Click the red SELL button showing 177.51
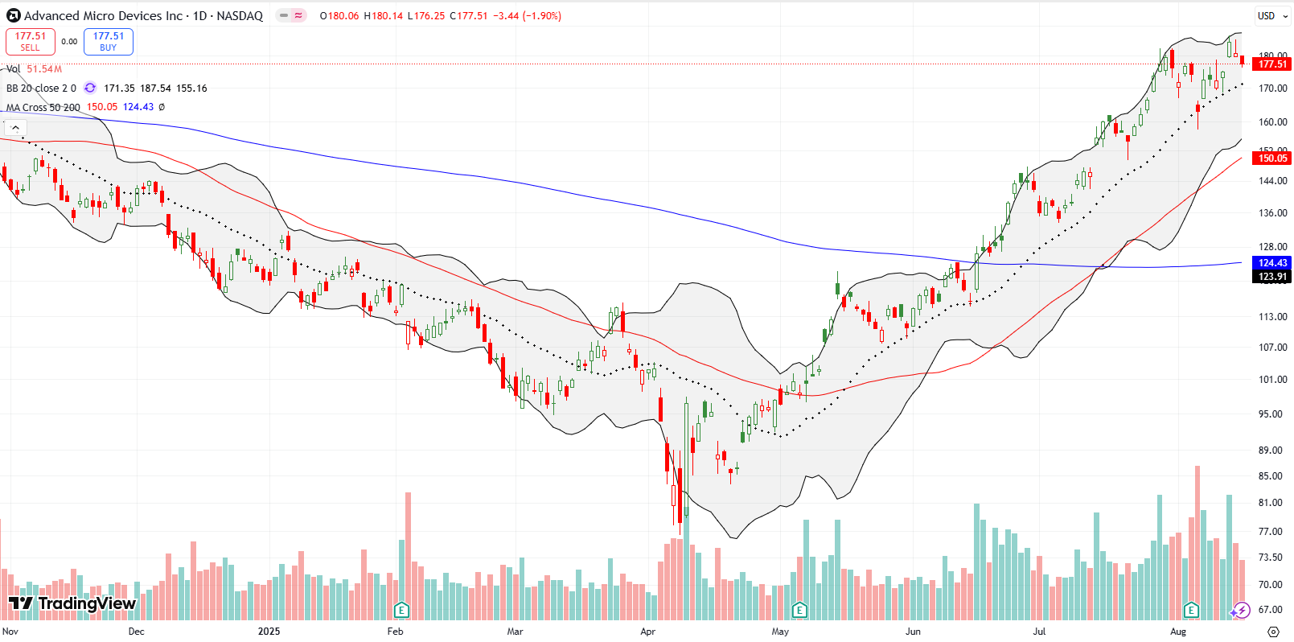(31, 41)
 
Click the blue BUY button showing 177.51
(109, 41)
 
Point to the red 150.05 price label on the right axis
(1272, 158)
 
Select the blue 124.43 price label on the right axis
(1272, 263)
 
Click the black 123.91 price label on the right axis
(1272, 277)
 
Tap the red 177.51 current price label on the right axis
(1272, 64)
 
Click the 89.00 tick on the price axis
(1271, 451)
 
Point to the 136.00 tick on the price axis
(1271, 213)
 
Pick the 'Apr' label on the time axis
(647, 632)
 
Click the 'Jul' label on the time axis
(1039, 632)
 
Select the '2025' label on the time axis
(269, 632)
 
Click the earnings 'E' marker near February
(401, 610)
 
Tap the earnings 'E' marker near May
(799, 610)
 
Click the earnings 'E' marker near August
(1191, 610)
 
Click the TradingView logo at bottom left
(72, 603)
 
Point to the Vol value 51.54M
(44, 69)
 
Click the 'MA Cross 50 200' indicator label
(43, 107)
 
